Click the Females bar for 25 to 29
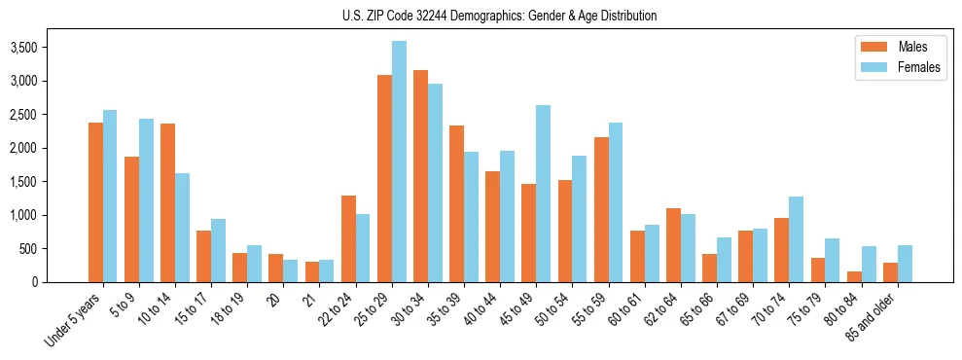[399, 162]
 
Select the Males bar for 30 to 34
[420, 176]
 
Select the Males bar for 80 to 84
[854, 276]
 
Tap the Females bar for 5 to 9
[146, 200]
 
